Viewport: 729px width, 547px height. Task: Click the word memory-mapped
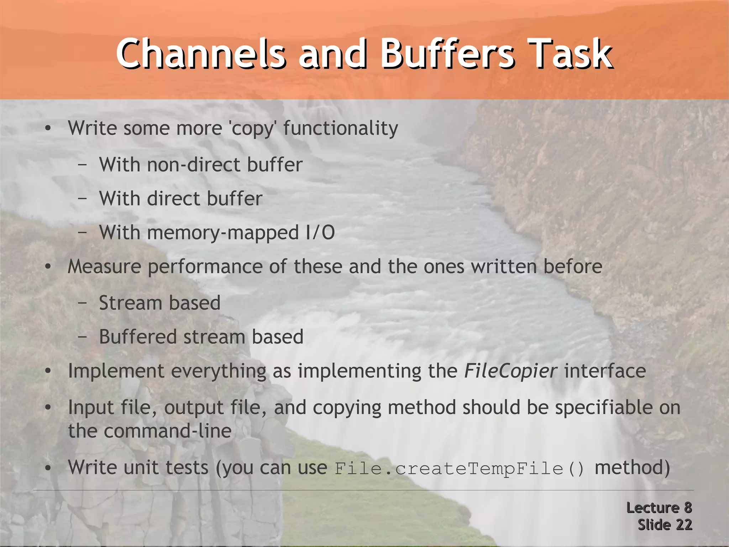click(223, 233)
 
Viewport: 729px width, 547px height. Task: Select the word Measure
click(104, 267)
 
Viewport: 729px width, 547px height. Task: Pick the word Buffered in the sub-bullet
click(137, 337)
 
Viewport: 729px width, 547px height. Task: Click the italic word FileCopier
click(510, 371)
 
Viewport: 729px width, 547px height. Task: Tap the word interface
click(605, 371)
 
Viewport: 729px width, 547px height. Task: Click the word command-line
click(168, 431)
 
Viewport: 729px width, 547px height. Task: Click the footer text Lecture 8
click(659, 508)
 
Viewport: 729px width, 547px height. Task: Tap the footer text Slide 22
click(665, 525)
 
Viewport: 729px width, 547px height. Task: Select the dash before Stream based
click(82, 303)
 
